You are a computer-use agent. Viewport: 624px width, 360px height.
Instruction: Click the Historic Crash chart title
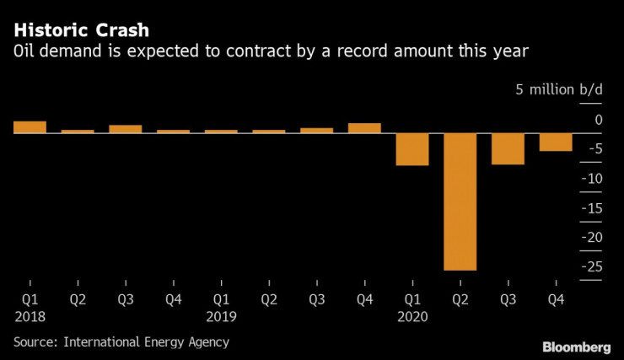(x=82, y=31)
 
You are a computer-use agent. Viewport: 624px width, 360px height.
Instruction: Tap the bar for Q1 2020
(x=412, y=149)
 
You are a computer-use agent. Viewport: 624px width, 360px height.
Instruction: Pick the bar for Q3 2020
(x=508, y=148)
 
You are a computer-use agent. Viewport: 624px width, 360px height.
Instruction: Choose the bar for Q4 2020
(x=556, y=142)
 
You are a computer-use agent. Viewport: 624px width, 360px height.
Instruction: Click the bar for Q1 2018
(x=30, y=127)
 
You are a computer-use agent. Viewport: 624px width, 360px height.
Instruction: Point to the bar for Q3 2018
(x=126, y=129)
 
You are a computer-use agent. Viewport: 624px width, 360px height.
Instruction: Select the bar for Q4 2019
(x=364, y=128)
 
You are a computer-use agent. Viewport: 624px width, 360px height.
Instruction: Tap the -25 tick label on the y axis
(x=593, y=266)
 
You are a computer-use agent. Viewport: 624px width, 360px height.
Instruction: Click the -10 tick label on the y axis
(x=593, y=179)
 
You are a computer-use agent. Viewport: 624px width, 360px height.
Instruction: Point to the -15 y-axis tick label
(x=593, y=208)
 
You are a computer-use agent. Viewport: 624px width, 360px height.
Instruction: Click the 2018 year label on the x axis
(x=30, y=316)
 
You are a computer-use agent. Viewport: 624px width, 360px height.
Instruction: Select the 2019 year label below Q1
(x=221, y=316)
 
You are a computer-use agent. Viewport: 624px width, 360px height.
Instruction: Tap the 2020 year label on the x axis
(x=412, y=316)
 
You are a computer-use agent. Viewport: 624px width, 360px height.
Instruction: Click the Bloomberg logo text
(x=577, y=347)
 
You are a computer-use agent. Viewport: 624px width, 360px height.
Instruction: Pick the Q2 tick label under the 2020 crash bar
(x=460, y=298)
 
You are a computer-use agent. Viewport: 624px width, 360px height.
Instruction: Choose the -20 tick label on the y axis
(x=593, y=237)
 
